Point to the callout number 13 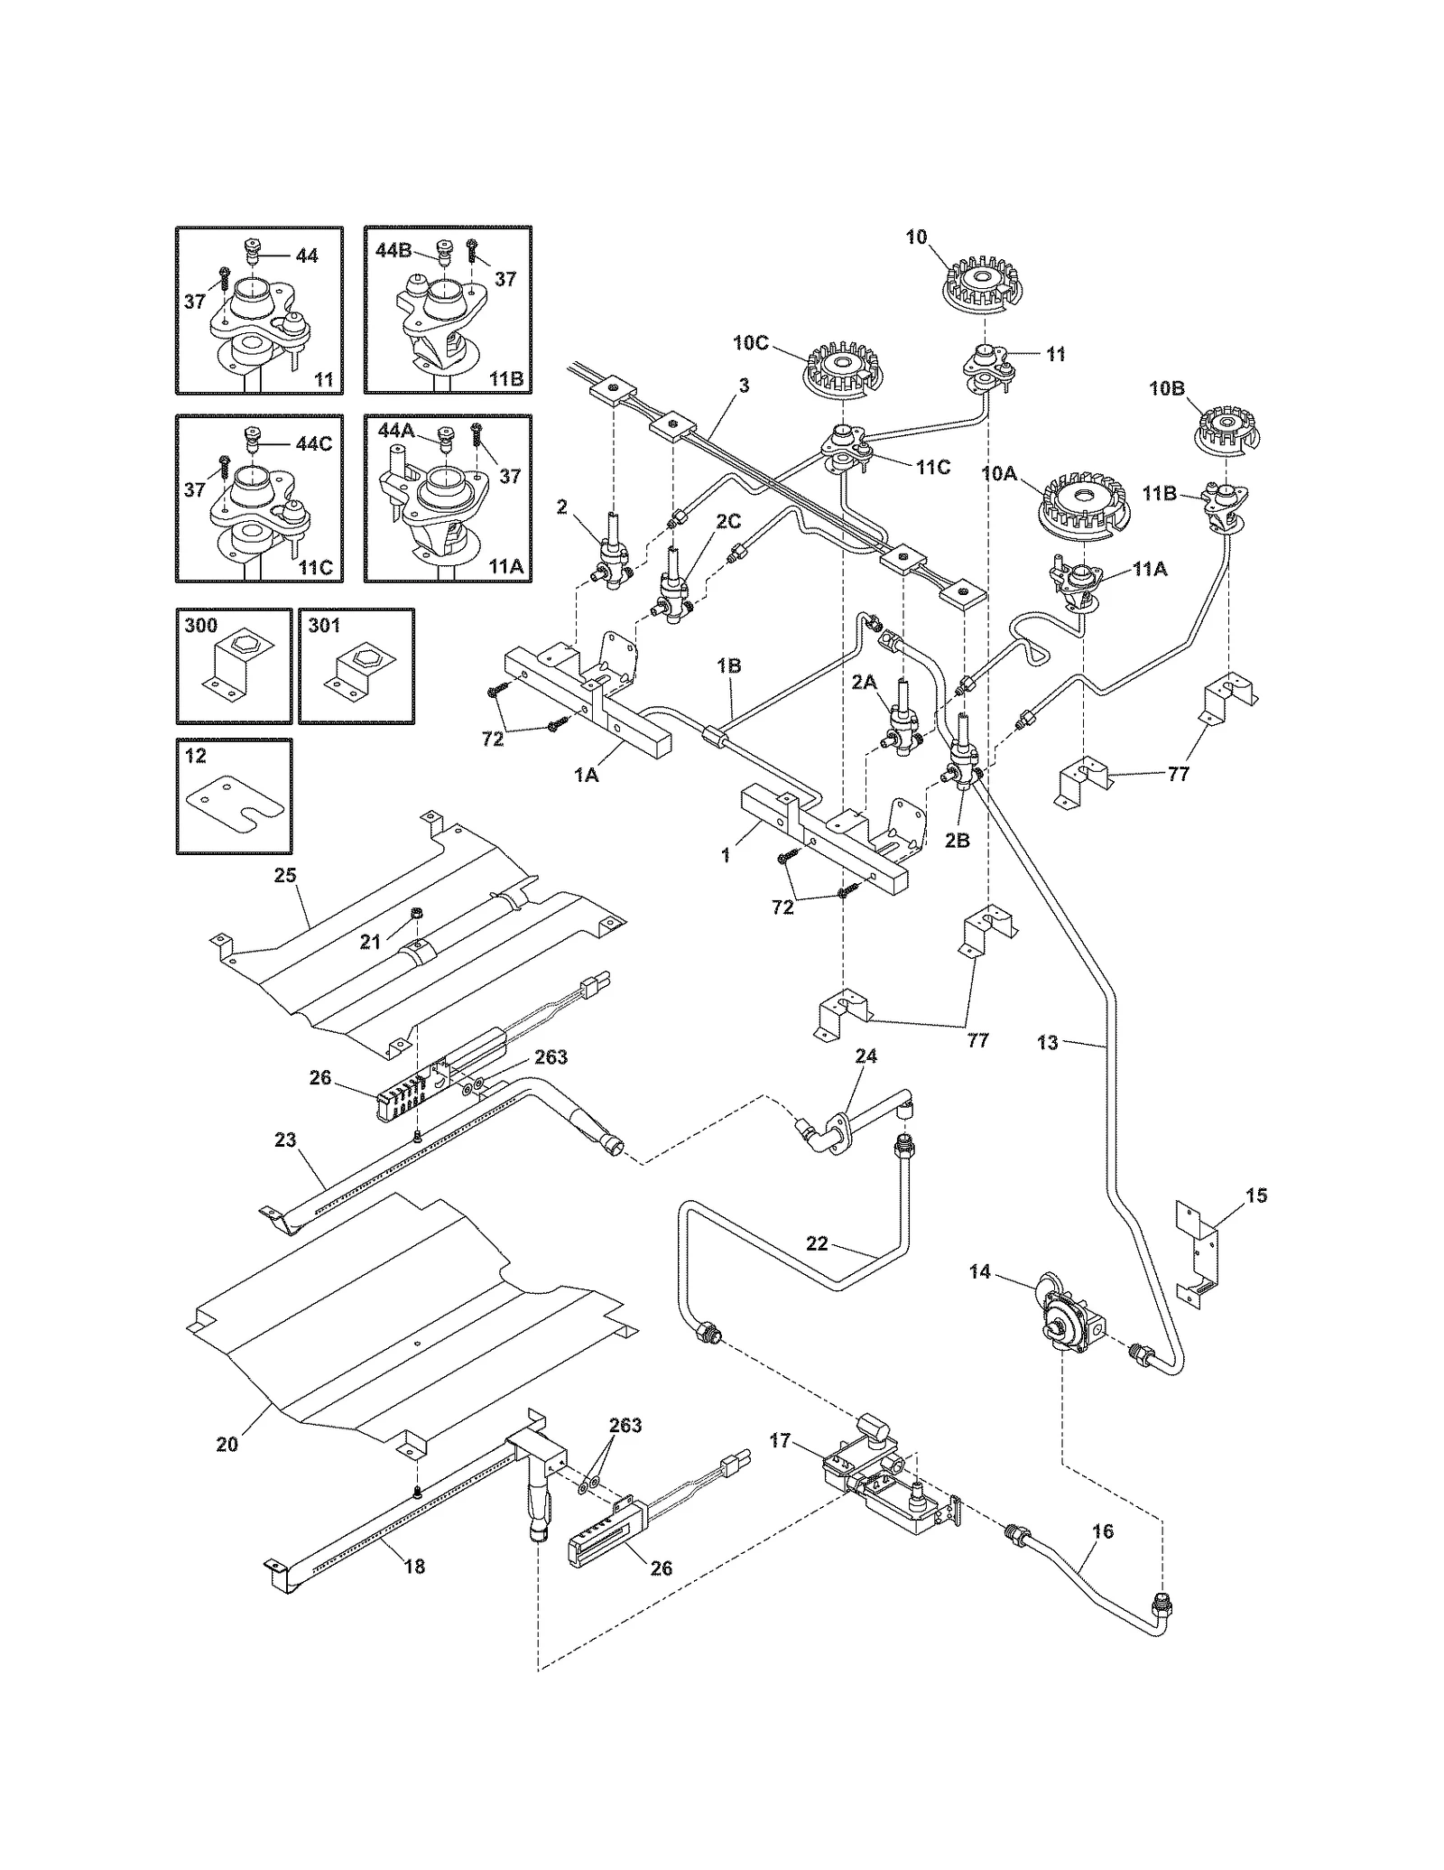(1047, 1043)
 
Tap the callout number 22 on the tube (816, 1243)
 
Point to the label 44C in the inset (313, 444)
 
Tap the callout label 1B (728, 665)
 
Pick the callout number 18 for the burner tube (414, 1567)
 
